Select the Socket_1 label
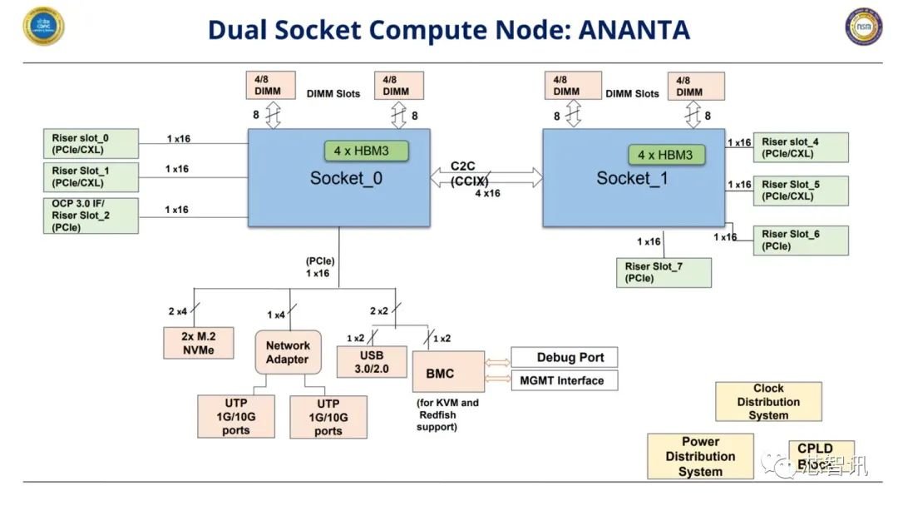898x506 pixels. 632,179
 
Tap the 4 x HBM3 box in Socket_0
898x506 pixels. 367,151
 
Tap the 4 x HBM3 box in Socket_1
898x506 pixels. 665,155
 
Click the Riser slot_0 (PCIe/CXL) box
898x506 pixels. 90,144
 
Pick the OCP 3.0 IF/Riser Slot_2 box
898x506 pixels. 90,215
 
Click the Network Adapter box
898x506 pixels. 288,352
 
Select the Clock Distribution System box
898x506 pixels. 768,402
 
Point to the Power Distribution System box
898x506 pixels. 700,456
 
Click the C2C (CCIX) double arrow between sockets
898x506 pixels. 486,176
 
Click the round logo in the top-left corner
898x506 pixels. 44,27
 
